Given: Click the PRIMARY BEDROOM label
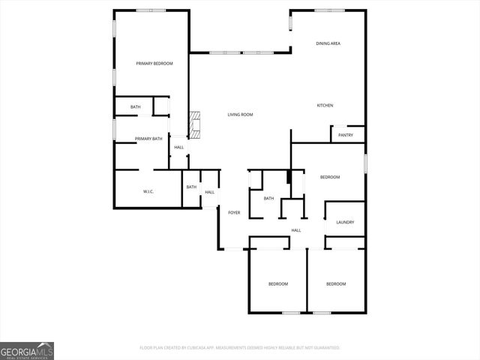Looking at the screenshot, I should [154, 64].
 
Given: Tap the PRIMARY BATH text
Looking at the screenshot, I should [148, 139].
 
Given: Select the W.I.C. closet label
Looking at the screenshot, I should [148, 192].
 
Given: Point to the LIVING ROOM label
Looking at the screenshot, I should [240, 115].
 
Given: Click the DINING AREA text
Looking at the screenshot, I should [328, 44].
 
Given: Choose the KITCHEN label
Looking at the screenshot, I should [325, 105].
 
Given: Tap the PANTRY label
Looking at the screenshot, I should [345, 135].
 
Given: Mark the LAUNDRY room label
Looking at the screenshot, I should [345, 222].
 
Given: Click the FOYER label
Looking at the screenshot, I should [234, 213].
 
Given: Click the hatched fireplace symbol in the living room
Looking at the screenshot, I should [195, 126].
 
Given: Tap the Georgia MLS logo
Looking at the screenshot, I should [27, 350].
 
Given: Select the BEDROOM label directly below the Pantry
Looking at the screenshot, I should [330, 177].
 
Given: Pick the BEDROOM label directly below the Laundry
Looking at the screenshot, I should [336, 283].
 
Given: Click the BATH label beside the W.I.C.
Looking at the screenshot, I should [191, 187].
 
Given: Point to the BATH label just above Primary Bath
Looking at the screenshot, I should [135, 107].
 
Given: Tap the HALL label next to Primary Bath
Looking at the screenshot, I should [178, 147].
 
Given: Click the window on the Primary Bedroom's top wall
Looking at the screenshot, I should [151, 10].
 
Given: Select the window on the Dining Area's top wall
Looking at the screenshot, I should [329, 10].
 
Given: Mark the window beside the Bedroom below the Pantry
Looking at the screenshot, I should [365, 163].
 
